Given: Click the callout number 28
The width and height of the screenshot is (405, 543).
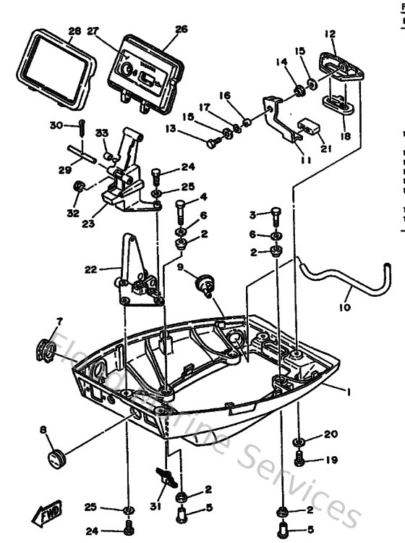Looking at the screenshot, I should click(74, 32).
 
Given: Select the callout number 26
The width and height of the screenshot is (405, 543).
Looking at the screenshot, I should click(181, 30).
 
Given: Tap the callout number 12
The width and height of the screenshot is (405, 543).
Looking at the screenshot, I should click(330, 34).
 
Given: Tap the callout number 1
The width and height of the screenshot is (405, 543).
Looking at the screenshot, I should click(348, 392).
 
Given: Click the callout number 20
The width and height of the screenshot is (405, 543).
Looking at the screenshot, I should click(331, 434).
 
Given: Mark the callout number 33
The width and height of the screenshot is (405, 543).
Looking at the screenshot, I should click(102, 132).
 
